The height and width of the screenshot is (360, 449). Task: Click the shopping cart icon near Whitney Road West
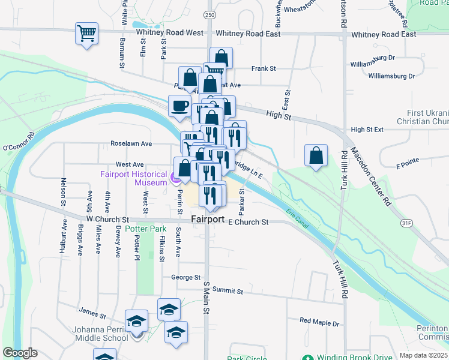[86, 33]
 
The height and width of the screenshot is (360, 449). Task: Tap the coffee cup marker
[179, 107]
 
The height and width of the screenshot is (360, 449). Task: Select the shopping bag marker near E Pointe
[316, 156]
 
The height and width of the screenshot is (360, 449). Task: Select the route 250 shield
[209, 14]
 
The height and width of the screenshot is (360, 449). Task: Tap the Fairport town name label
[208, 220]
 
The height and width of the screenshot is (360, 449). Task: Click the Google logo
[20, 353]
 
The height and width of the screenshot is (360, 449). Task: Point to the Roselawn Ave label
[131, 144]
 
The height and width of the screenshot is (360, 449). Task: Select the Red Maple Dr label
[319, 322]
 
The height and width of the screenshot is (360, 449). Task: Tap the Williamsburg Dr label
[391, 76]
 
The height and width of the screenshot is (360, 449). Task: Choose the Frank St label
[264, 69]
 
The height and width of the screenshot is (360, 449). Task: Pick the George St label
[185, 277]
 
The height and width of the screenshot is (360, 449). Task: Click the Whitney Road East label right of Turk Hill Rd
[384, 34]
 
